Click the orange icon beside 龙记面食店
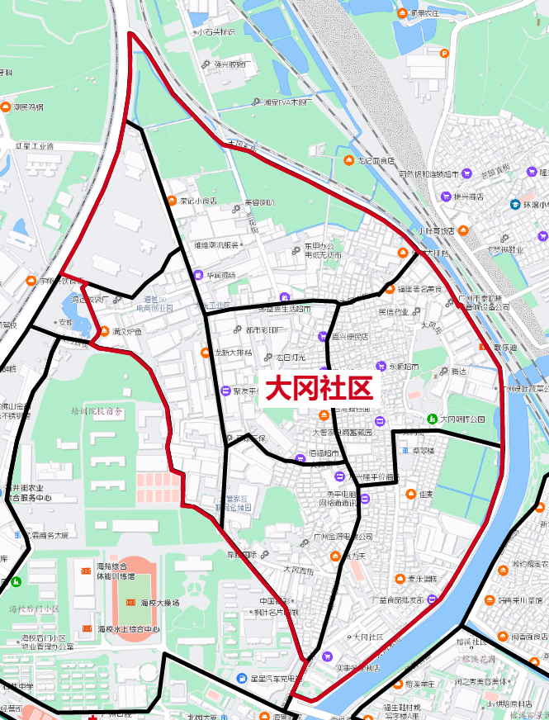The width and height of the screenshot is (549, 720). click(x=348, y=159)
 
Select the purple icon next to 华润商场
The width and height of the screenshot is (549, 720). click(x=197, y=275)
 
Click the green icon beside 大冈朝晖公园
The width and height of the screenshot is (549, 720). click(x=432, y=419)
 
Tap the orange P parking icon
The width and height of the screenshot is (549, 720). click(x=444, y=54)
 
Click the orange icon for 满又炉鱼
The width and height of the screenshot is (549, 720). click(x=104, y=332)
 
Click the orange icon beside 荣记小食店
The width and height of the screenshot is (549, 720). click(x=172, y=201)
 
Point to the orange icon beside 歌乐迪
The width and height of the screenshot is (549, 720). click(x=483, y=348)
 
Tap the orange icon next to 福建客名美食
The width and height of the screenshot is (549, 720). click(x=389, y=289)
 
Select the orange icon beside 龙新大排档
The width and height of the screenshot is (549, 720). click(x=206, y=353)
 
